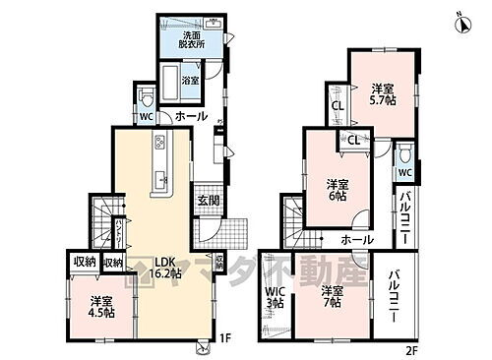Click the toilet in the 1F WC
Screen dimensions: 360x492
[x=146, y=98]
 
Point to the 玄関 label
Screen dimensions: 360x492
[x=208, y=201]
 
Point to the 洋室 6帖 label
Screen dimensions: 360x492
[x=338, y=187]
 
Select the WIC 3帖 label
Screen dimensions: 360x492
[x=275, y=297]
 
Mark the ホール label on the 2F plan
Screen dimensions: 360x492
[x=356, y=239]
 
